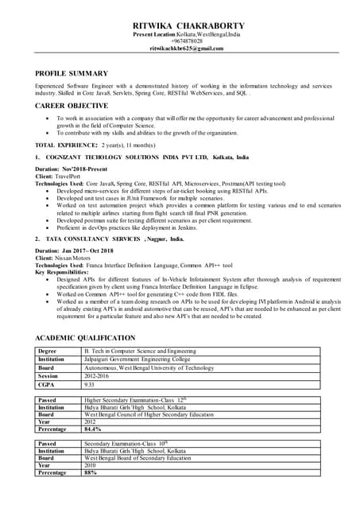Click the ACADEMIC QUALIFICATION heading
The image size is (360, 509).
click(96, 338)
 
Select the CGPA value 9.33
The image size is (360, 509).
click(91, 385)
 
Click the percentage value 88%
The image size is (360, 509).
click(91, 473)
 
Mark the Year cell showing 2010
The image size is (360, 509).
click(91, 465)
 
